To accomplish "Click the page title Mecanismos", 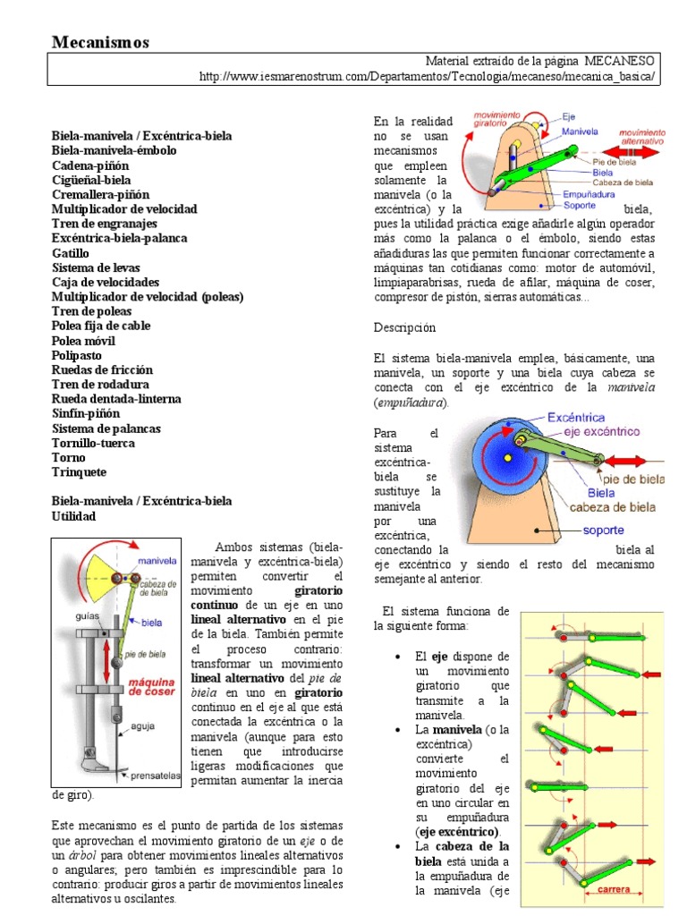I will (101, 42).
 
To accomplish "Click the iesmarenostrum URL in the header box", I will (430, 76).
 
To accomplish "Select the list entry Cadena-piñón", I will (90, 165).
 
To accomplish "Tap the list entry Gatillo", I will (71, 253).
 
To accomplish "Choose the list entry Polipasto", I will (77, 355).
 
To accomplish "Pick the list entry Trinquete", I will (79, 472).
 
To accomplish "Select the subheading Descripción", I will (405, 327).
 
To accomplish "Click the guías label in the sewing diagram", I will (76, 617).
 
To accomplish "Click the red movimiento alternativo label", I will (641, 135).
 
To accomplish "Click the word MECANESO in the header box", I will (620, 61).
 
